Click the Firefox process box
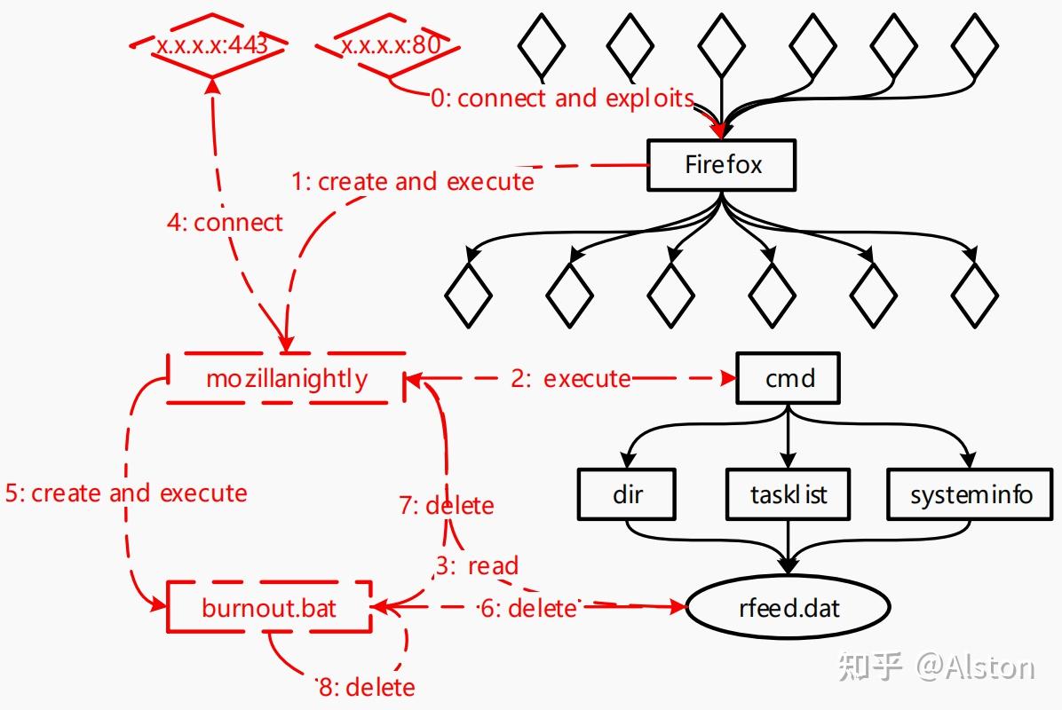click(721, 165)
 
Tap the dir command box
click(627, 494)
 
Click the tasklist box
click(789, 494)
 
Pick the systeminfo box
click(971, 494)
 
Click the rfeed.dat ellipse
click(789, 609)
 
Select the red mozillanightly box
click(286, 379)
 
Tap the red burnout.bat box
click(269, 608)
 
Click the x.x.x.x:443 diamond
click(211, 44)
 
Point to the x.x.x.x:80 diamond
click(391, 44)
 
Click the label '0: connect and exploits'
click(561, 98)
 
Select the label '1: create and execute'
click(413, 182)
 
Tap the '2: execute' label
click(570, 379)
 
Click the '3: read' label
click(477, 565)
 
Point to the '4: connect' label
click(225, 222)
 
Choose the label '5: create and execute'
click(125, 493)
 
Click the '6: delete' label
click(527, 609)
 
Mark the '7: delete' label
click(446, 506)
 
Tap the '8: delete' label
click(367, 687)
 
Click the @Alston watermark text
click(975, 667)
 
